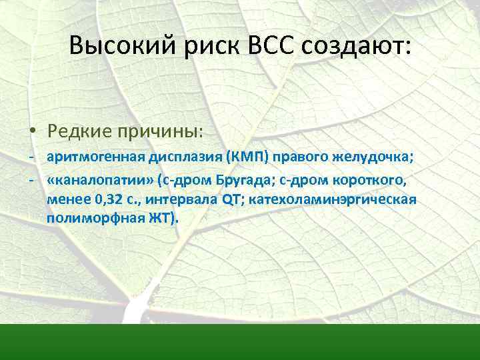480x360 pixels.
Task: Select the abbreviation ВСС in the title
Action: (273, 46)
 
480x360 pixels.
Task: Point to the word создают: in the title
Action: (357, 46)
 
